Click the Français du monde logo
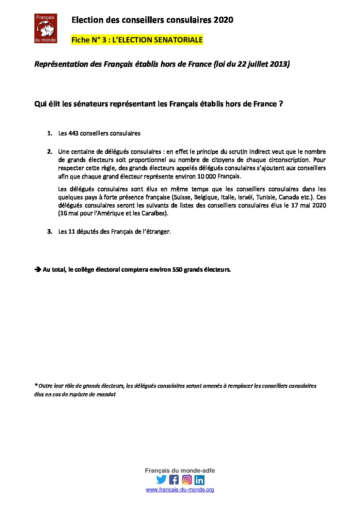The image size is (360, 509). click(46, 29)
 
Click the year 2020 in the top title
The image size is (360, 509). click(224, 20)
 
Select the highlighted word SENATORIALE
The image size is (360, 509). click(178, 40)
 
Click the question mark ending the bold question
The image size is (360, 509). click(281, 104)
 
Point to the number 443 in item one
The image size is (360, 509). click(73, 133)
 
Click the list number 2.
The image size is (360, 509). click(50, 152)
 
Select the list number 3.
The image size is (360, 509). click(50, 232)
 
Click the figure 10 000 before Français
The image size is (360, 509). click(206, 176)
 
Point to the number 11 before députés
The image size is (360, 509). click(71, 232)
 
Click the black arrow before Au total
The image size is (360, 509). click(37, 270)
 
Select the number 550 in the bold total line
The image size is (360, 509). click(177, 270)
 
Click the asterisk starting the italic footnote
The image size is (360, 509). click(36, 385)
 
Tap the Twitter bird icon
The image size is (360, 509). click(161, 479)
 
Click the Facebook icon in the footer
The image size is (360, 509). click(174, 479)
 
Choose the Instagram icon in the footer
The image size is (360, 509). click(187, 479)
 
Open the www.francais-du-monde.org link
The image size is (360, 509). click(180, 490)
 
